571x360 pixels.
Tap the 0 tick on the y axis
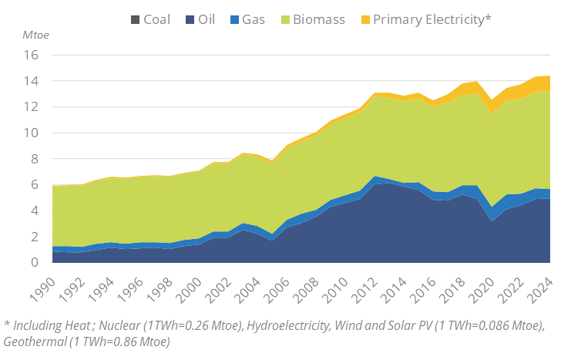34,263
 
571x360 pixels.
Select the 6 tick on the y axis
34,185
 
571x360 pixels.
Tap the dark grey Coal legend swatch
134,19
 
